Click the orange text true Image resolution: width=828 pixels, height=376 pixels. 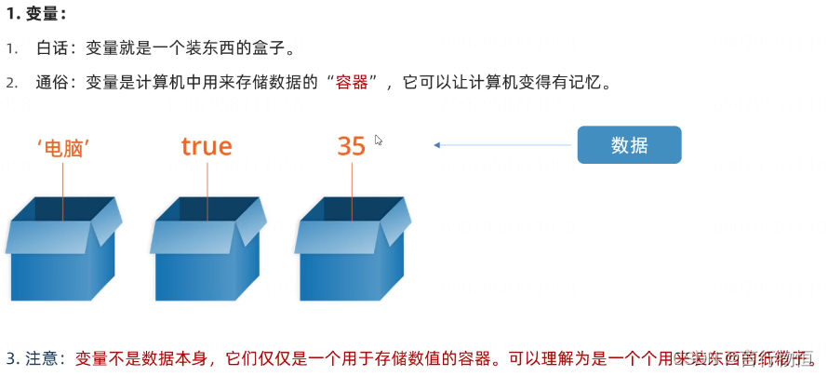pyautogui.click(x=207, y=146)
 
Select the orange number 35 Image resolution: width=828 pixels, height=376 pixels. pyautogui.click(x=352, y=146)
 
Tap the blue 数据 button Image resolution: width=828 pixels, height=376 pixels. pyautogui.click(x=630, y=145)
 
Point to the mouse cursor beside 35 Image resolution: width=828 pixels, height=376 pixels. pyautogui.click(x=379, y=140)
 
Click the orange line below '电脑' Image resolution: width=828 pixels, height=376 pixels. pyautogui.click(x=63, y=191)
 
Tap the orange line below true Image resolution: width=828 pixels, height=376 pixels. pyautogui.click(x=207, y=191)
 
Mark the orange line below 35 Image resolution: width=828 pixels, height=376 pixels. pyautogui.click(x=353, y=191)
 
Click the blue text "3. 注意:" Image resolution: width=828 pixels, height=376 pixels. pyautogui.click(x=34, y=357)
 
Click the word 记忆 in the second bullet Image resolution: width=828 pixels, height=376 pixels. pyautogui.click(x=589, y=82)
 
